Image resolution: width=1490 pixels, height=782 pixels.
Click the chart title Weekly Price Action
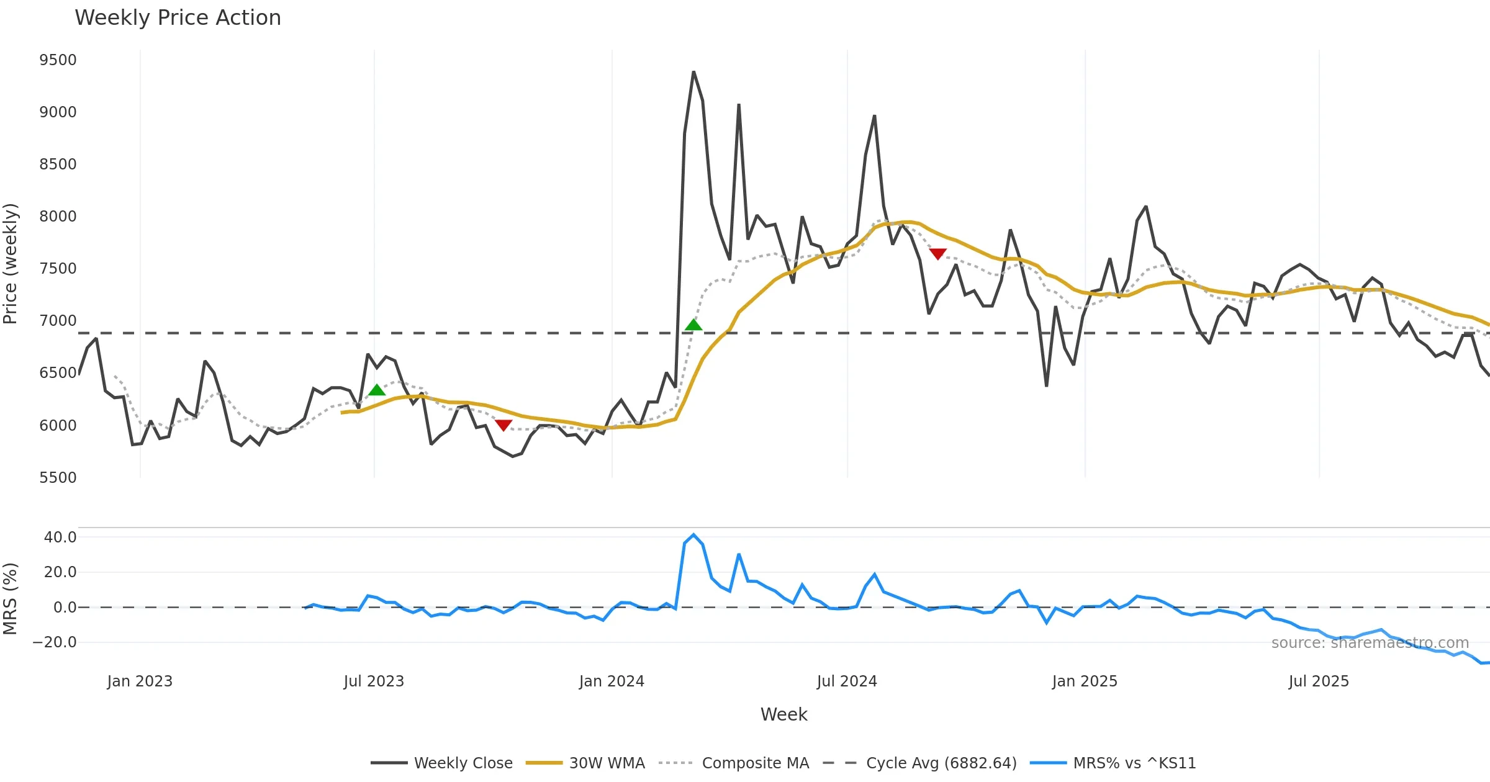(x=178, y=18)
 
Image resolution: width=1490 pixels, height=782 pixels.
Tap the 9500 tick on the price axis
(x=58, y=60)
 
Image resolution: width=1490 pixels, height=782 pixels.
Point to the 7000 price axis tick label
(x=58, y=321)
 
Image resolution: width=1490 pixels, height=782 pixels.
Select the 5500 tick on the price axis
(x=58, y=478)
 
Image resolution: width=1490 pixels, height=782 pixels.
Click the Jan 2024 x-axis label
(x=612, y=681)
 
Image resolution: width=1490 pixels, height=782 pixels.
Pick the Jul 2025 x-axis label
(x=1319, y=681)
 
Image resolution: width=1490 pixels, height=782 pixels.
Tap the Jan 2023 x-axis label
(x=140, y=681)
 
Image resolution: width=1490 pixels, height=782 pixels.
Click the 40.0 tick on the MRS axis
(x=60, y=537)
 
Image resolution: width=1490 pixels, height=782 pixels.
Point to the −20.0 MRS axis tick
(x=55, y=642)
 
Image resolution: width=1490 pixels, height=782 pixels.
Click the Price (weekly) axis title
(x=11, y=264)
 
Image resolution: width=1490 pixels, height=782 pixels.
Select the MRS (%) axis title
(x=11, y=599)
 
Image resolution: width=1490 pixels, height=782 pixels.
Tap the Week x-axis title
(x=783, y=715)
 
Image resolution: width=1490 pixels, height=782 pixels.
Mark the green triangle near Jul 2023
(x=377, y=390)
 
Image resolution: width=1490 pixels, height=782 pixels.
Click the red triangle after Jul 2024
(x=937, y=254)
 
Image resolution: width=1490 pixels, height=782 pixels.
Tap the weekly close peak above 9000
(x=693, y=73)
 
